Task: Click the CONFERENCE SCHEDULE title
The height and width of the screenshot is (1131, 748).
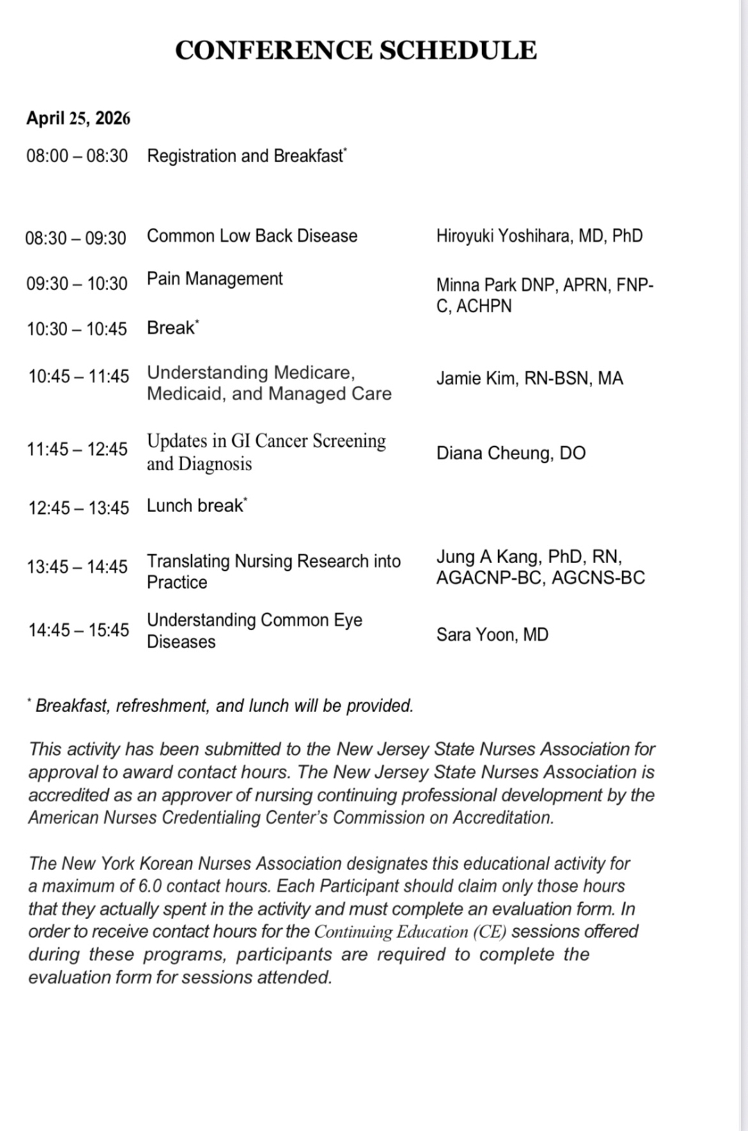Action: (356, 51)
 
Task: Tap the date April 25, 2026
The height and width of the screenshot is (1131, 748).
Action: (78, 118)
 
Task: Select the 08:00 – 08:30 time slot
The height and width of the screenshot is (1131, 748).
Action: (77, 156)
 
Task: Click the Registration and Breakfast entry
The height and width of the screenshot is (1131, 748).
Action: (246, 156)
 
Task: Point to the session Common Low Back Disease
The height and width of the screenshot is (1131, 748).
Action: (252, 235)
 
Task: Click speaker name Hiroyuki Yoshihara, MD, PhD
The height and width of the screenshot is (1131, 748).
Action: (539, 235)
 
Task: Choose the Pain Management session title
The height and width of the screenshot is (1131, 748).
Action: (215, 278)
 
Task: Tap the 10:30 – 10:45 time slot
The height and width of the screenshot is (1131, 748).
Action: (77, 328)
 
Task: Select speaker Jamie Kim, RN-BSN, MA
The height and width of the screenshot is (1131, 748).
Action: (529, 378)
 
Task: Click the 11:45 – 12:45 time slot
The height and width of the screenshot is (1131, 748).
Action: (78, 449)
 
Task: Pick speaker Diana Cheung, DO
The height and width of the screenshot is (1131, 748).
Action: (510, 453)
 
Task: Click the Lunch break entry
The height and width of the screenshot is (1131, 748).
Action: (195, 506)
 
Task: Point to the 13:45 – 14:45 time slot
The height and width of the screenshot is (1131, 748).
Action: (78, 567)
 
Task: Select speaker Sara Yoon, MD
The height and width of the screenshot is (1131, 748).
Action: (492, 634)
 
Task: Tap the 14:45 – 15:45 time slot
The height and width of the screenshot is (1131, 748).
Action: (78, 630)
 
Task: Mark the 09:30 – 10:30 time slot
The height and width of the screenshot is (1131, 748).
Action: (77, 283)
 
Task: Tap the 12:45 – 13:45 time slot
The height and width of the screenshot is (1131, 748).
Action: (78, 508)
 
